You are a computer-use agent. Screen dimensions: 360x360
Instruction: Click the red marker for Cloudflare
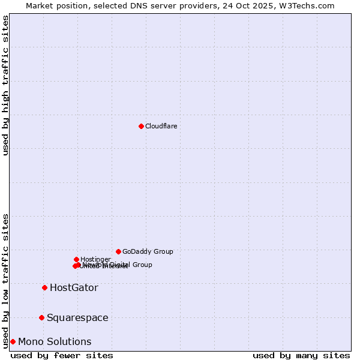point(141,126)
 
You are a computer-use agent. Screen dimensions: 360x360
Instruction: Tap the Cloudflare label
point(161,126)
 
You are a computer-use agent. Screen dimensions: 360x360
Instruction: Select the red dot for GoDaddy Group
point(118,251)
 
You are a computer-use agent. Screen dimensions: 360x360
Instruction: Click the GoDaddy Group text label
point(148,251)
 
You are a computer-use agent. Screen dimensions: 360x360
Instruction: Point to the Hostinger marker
point(76,259)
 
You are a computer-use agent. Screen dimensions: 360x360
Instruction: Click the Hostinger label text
point(95,259)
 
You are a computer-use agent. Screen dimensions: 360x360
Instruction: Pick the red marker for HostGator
point(44,287)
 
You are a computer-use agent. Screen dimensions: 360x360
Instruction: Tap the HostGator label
point(74,287)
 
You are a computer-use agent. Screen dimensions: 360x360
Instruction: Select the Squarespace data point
point(41,317)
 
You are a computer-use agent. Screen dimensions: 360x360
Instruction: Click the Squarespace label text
point(77,317)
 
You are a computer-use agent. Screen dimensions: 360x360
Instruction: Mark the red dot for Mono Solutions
point(13,341)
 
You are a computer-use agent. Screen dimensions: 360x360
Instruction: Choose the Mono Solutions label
point(55,341)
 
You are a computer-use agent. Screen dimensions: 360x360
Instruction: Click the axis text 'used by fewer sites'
point(62,356)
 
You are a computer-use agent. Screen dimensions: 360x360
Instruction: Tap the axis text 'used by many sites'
point(301,356)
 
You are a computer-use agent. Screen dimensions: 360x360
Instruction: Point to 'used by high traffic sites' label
point(5,85)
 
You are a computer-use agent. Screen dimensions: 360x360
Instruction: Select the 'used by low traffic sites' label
point(5,281)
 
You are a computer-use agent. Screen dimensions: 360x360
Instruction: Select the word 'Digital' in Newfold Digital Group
point(120,265)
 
